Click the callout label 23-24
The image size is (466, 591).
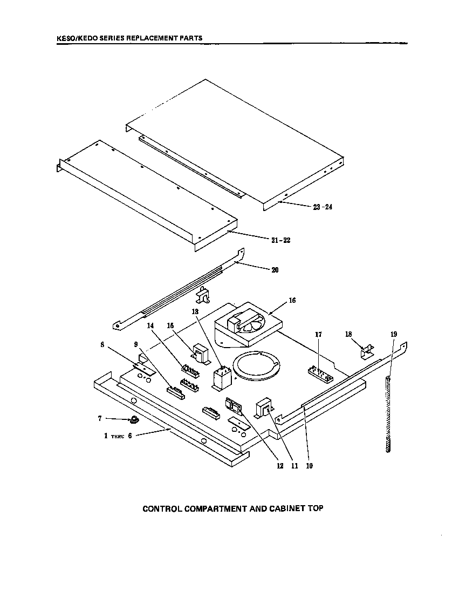click(323, 207)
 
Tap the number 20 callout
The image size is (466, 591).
click(275, 270)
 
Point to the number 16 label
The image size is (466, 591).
click(292, 301)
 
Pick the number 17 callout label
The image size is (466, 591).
click(318, 335)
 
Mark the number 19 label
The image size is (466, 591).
click(393, 335)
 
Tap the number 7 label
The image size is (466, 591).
click(100, 418)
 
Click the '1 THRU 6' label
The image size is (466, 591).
click(118, 436)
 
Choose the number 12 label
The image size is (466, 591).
click(280, 466)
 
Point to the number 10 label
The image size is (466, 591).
click(309, 466)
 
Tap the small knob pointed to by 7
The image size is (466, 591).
click(133, 420)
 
